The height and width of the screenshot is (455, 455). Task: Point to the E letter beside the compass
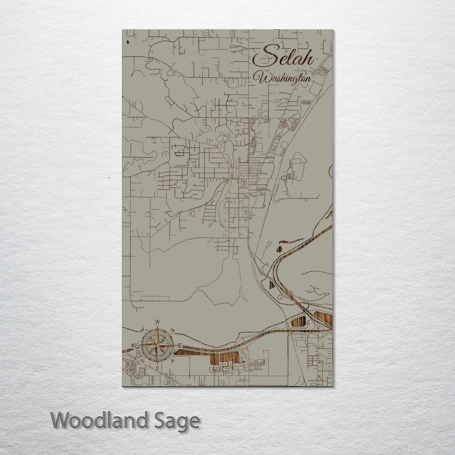[180, 346]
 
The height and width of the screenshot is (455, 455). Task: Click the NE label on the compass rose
[173, 330]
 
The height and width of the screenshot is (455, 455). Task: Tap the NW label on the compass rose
[142, 330]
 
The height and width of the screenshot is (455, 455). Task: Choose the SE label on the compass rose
[173, 361]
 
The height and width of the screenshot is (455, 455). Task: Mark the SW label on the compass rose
[142, 361]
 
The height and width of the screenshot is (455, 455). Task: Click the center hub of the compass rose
[157, 345]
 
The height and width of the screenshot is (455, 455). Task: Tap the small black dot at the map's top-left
[128, 42]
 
